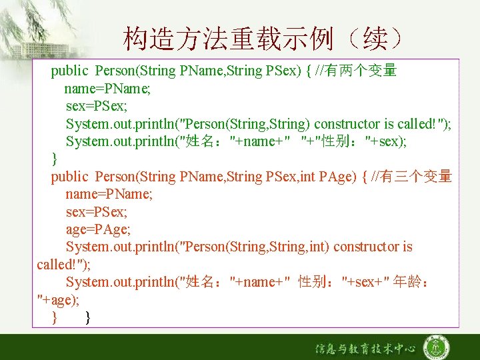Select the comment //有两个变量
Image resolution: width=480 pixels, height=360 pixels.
tap(357, 70)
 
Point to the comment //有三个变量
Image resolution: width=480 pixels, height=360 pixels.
tap(411, 176)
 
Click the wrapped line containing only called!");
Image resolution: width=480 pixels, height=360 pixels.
tap(63, 265)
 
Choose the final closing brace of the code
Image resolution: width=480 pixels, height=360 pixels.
tap(89, 318)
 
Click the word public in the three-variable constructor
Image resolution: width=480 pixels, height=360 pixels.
tap(69, 177)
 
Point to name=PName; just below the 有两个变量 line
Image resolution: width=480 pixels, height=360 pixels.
tap(107, 88)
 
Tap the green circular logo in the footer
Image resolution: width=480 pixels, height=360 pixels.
tap(437, 347)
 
